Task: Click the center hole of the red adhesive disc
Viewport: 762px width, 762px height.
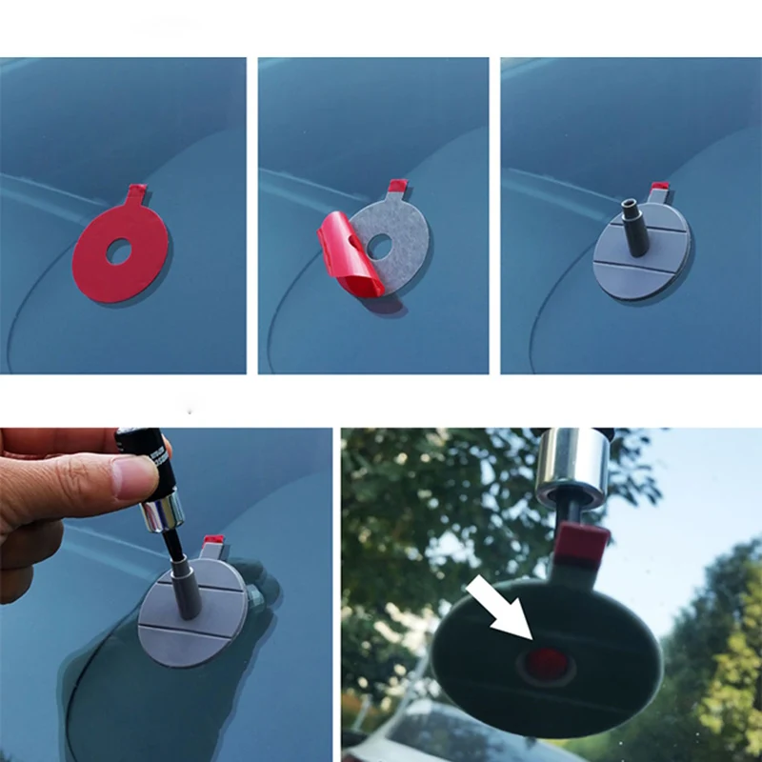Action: click(x=119, y=252)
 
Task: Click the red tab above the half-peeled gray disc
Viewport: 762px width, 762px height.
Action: click(x=395, y=187)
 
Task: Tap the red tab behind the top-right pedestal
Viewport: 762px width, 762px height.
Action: click(x=659, y=192)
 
